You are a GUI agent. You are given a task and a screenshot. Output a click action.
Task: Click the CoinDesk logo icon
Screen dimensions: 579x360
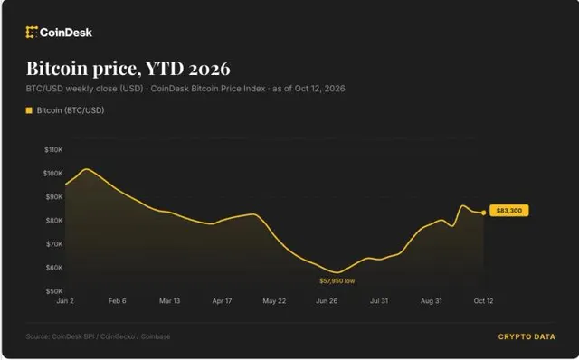tap(32, 33)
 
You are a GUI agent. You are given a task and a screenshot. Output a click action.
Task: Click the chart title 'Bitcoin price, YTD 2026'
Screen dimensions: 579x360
tap(128, 69)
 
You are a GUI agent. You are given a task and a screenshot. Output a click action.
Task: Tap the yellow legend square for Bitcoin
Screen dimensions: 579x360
tap(29, 110)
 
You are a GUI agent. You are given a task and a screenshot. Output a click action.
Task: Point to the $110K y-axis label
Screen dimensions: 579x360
tap(53, 150)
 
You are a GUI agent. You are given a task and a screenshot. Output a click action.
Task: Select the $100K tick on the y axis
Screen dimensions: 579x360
tap(53, 174)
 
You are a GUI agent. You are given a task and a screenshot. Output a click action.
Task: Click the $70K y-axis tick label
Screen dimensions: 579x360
tap(54, 244)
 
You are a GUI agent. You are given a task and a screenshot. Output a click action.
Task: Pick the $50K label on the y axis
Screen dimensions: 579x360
tap(54, 291)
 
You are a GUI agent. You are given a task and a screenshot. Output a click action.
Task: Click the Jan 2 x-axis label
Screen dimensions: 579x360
tap(65, 301)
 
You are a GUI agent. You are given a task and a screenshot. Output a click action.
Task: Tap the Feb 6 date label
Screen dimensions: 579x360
tap(117, 301)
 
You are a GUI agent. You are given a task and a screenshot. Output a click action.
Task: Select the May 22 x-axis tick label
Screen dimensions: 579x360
tap(274, 301)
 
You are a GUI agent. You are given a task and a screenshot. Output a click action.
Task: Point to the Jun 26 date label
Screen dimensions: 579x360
tap(327, 301)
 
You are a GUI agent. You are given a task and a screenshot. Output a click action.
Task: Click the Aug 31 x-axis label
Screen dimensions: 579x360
tap(432, 301)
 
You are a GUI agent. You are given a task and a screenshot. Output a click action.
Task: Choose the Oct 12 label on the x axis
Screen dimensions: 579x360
tap(483, 301)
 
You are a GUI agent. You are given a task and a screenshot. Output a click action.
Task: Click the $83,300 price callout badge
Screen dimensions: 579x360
tap(508, 211)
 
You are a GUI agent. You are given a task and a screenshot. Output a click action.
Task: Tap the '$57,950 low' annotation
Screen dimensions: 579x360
tap(337, 281)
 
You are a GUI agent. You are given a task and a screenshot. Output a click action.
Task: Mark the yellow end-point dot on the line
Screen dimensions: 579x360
tap(484, 213)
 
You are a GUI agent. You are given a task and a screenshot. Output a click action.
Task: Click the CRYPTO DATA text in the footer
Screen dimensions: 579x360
tap(527, 336)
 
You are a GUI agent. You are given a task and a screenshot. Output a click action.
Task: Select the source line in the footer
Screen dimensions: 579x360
tap(98, 336)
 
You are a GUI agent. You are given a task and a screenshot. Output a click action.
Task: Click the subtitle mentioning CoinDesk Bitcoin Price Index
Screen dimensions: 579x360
tap(185, 89)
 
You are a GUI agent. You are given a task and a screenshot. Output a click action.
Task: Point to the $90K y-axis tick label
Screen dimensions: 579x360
tap(54, 197)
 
